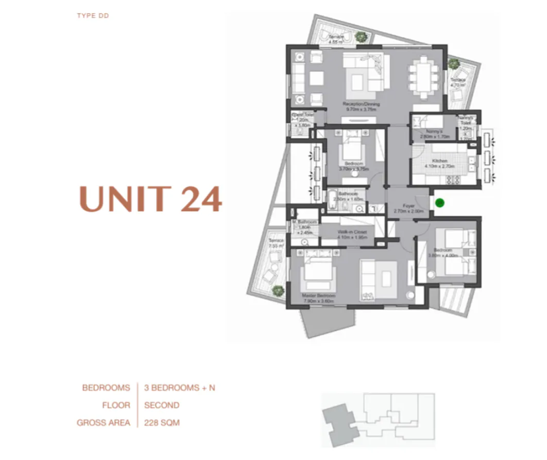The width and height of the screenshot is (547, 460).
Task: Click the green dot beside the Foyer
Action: click(439, 203)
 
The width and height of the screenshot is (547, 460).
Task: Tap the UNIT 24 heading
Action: click(150, 199)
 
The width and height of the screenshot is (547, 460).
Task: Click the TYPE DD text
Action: click(93, 16)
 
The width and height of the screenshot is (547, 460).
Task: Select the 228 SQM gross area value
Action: click(162, 422)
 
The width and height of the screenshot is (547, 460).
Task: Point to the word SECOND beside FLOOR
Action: click(162, 405)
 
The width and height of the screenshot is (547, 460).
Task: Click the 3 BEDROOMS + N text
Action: click(179, 387)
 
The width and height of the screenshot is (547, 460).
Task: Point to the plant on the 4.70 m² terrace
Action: click(453, 64)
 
